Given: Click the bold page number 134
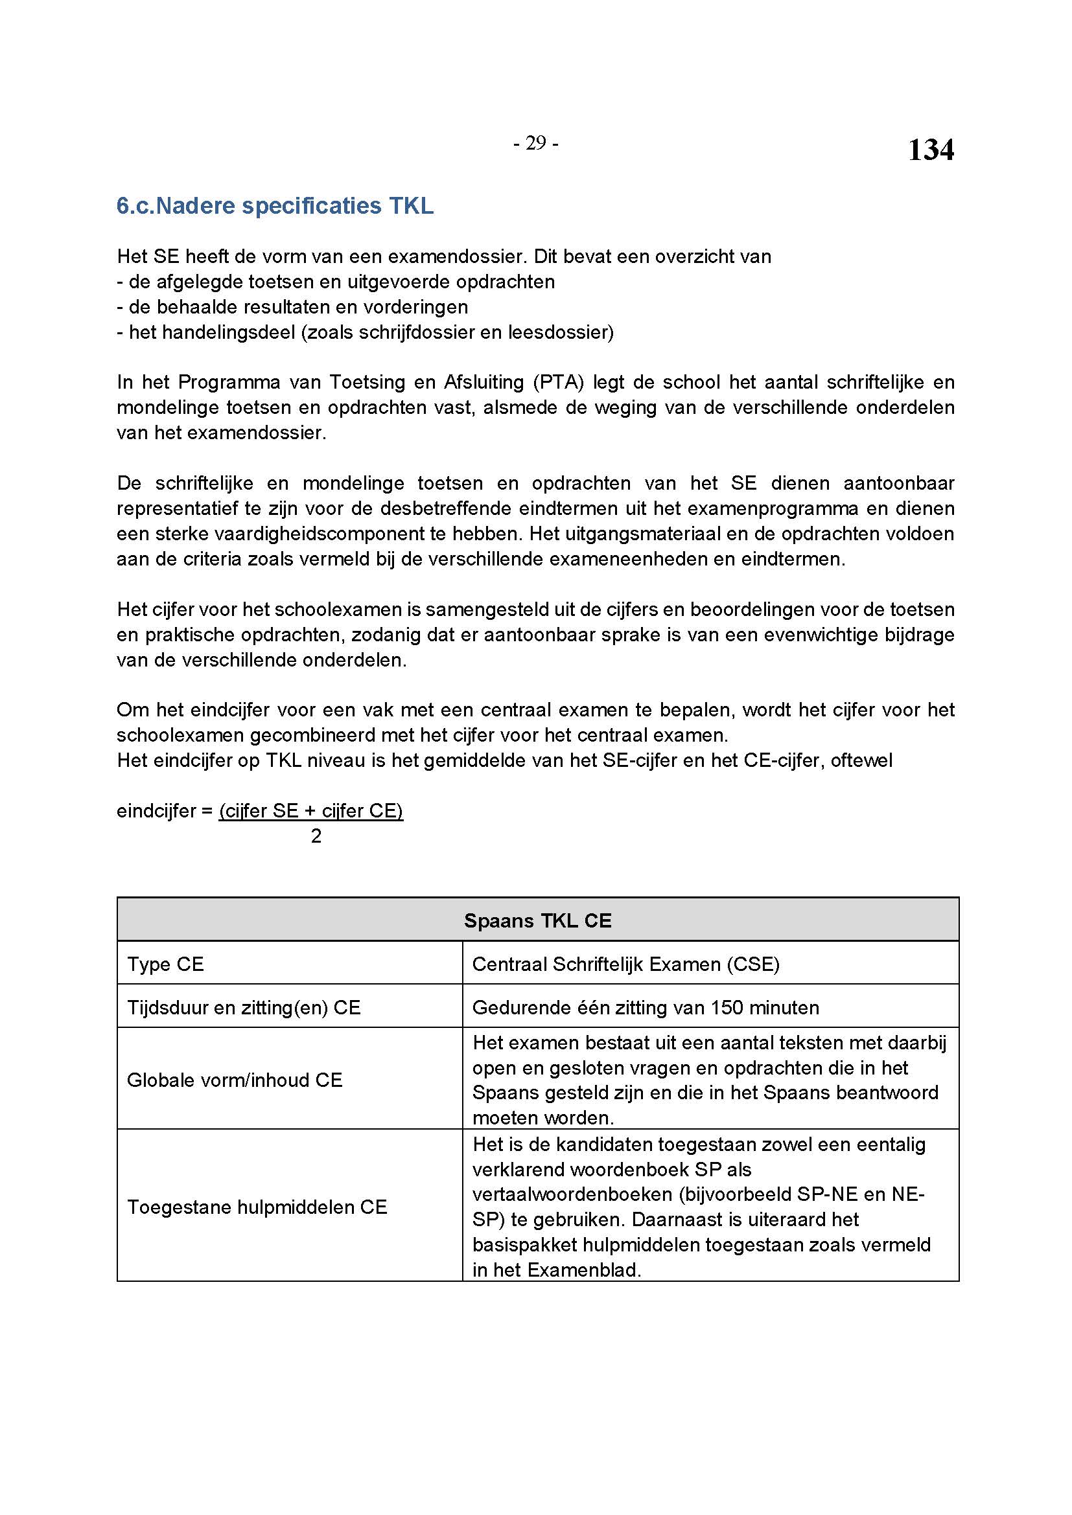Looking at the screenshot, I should coord(930,150).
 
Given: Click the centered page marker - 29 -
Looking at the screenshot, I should coord(535,143).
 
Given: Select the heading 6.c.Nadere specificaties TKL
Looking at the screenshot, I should coord(275,206).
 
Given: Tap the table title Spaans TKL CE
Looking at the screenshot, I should coord(537,920).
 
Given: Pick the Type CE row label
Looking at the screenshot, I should coord(165,964).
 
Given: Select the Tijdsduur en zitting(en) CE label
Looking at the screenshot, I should coord(244,1008).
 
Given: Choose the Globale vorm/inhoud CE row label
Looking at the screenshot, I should coord(235,1080).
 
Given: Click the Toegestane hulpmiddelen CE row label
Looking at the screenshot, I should coord(257,1207).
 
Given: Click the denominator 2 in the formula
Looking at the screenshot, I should coord(316,836).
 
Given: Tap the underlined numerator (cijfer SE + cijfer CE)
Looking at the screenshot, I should coord(311,810).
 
